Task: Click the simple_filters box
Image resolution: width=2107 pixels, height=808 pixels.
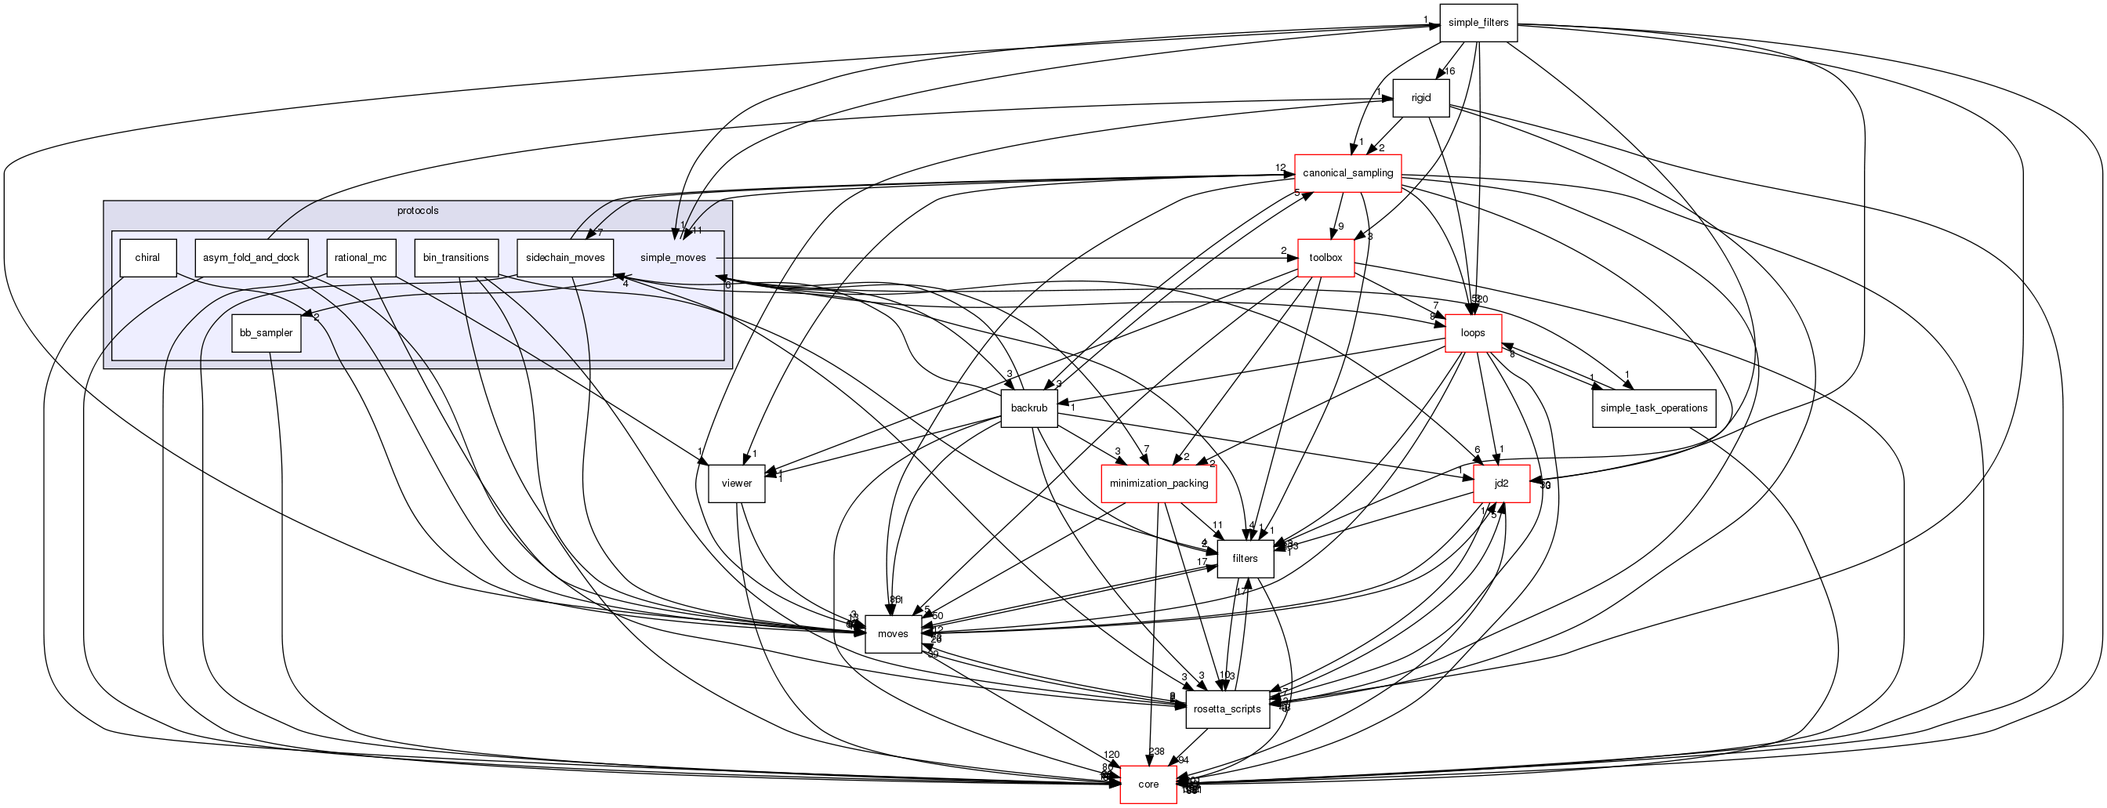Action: [1478, 23]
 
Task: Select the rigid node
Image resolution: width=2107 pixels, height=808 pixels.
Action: [1421, 98]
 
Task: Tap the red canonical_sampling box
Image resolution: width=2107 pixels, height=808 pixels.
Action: [1347, 173]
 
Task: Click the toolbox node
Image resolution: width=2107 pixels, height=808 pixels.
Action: [1325, 258]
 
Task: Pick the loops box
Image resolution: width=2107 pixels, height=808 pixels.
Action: [1472, 333]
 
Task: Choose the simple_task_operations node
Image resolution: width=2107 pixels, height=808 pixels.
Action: [1653, 408]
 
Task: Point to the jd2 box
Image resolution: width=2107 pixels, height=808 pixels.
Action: [1501, 484]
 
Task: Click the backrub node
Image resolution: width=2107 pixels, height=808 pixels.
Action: [1029, 408]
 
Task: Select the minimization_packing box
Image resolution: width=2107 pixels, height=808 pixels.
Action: [1159, 484]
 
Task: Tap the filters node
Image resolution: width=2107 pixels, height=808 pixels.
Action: [1245, 559]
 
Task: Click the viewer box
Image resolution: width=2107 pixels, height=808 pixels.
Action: [736, 484]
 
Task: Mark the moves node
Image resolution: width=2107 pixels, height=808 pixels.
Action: [892, 634]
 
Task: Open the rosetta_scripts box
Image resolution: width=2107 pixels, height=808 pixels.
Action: [1227, 709]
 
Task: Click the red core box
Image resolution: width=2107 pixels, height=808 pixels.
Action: [1148, 784]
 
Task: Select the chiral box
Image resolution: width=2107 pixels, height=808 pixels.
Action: [147, 258]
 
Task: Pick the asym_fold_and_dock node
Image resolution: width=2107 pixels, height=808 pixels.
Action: [251, 258]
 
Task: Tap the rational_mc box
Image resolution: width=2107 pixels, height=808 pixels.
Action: [361, 258]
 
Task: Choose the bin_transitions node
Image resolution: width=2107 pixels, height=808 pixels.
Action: [455, 258]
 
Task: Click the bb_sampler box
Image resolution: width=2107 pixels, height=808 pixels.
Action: [266, 333]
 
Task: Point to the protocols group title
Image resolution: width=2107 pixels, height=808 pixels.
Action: [417, 211]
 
